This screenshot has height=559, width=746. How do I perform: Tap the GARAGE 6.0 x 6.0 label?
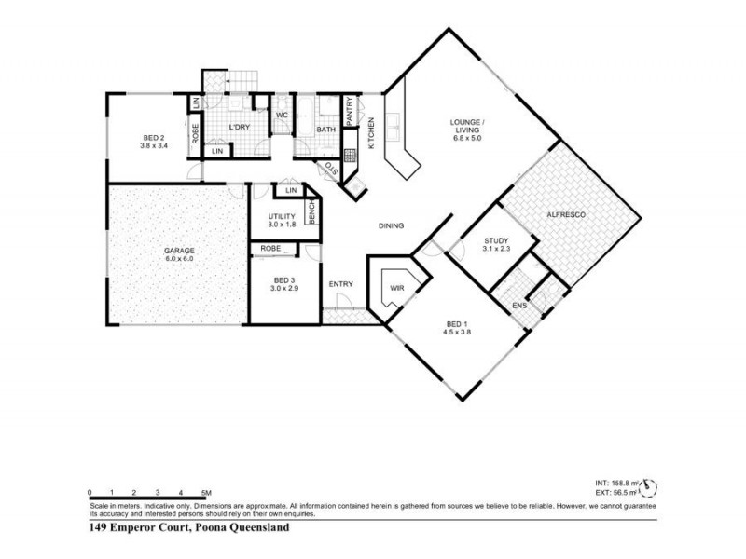pyautogui.click(x=179, y=253)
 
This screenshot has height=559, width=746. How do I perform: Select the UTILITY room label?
pyautogui.click(x=281, y=220)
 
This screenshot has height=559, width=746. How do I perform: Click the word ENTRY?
pyautogui.click(x=340, y=284)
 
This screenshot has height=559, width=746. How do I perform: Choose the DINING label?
pyautogui.click(x=390, y=226)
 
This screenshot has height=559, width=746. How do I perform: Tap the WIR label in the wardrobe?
pyautogui.click(x=396, y=288)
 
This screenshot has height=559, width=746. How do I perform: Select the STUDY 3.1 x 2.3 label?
pyautogui.click(x=496, y=245)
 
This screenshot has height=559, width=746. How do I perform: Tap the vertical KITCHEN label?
pyautogui.click(x=371, y=133)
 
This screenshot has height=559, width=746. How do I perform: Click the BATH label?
pyautogui.click(x=325, y=130)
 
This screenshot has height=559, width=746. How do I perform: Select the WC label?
pyautogui.click(x=281, y=116)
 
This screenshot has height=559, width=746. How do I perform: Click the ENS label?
pyautogui.click(x=519, y=305)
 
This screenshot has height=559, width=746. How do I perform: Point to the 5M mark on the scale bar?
pyautogui.click(x=207, y=492)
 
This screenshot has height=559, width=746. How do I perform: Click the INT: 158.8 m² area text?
pyautogui.click(x=616, y=483)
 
